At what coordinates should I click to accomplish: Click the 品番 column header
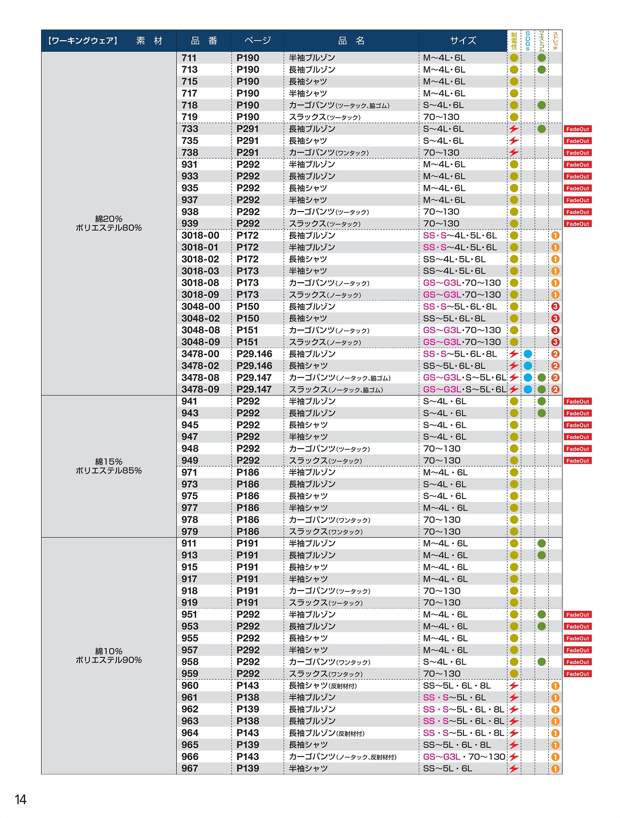point(204,41)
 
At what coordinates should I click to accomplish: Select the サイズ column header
point(463,41)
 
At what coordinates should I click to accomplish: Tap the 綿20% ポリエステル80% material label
point(108,223)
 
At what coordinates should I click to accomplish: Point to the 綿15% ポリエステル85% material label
point(108,466)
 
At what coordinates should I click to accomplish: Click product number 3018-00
point(200,236)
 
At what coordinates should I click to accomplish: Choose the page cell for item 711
point(248,58)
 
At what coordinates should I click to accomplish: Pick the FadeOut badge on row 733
point(577,129)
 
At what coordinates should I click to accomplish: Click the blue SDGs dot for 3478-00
point(528,354)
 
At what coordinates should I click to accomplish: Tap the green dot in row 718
point(542,105)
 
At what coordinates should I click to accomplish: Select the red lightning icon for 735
point(514,141)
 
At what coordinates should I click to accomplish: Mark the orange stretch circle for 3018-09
point(555,295)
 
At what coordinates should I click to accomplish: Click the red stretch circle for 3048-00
point(555,306)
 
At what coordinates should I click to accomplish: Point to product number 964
point(190,733)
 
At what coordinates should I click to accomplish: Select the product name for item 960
point(323,685)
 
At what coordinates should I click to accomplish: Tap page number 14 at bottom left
point(20,799)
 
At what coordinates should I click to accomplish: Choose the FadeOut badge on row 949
point(577,461)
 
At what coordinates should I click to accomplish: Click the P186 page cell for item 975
point(248,496)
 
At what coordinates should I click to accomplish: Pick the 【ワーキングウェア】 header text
point(82,41)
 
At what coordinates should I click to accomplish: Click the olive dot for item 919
point(514,603)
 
